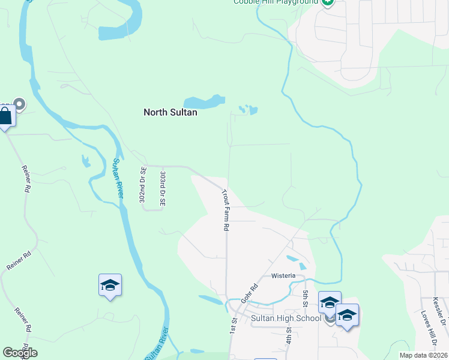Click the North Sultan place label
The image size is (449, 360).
point(170,112)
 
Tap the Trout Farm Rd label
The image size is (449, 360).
point(226,211)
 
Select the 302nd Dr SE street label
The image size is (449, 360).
point(143,188)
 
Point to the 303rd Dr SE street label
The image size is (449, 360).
point(162,188)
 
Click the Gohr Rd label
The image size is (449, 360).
point(250,292)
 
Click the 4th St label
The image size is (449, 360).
point(289,331)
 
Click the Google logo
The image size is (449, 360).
point(20,353)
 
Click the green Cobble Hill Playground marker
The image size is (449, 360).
point(327,2)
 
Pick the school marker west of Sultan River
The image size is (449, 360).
point(110,285)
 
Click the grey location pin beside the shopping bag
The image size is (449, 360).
point(19,105)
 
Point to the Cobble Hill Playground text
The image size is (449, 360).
point(276,2)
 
